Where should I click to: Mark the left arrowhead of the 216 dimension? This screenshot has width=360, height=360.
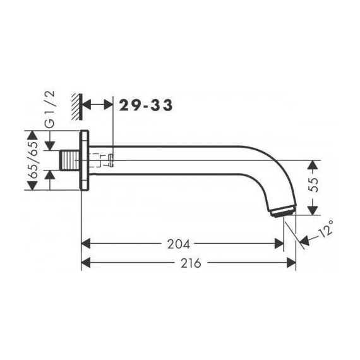click(x=88, y=263)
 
